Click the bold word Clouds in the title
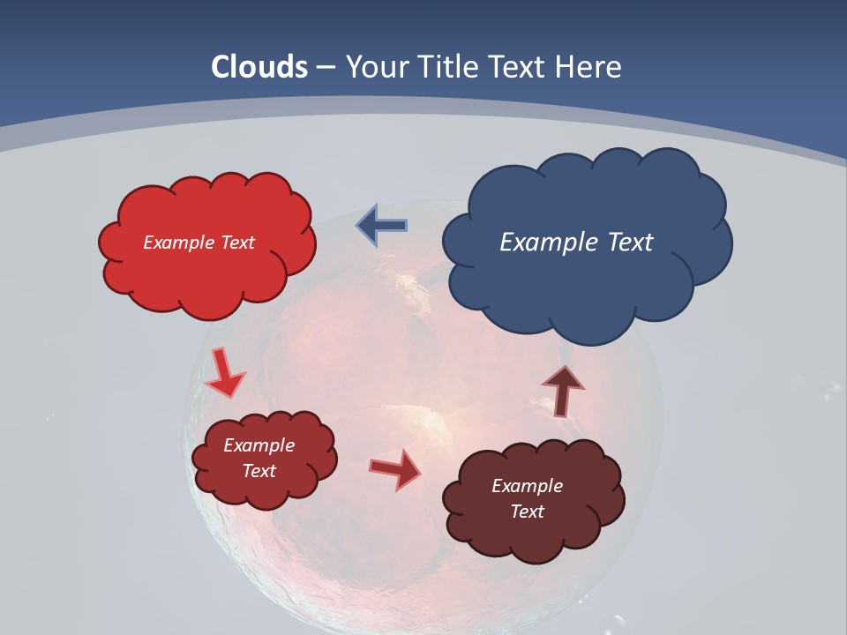[259, 67]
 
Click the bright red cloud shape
[206, 273]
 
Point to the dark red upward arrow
[563, 390]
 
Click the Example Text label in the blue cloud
[576, 243]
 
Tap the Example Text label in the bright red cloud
[199, 243]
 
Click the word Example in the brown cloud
[527, 486]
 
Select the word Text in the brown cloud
[527, 512]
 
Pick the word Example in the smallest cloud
[259, 445]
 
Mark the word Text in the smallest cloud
[259, 471]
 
